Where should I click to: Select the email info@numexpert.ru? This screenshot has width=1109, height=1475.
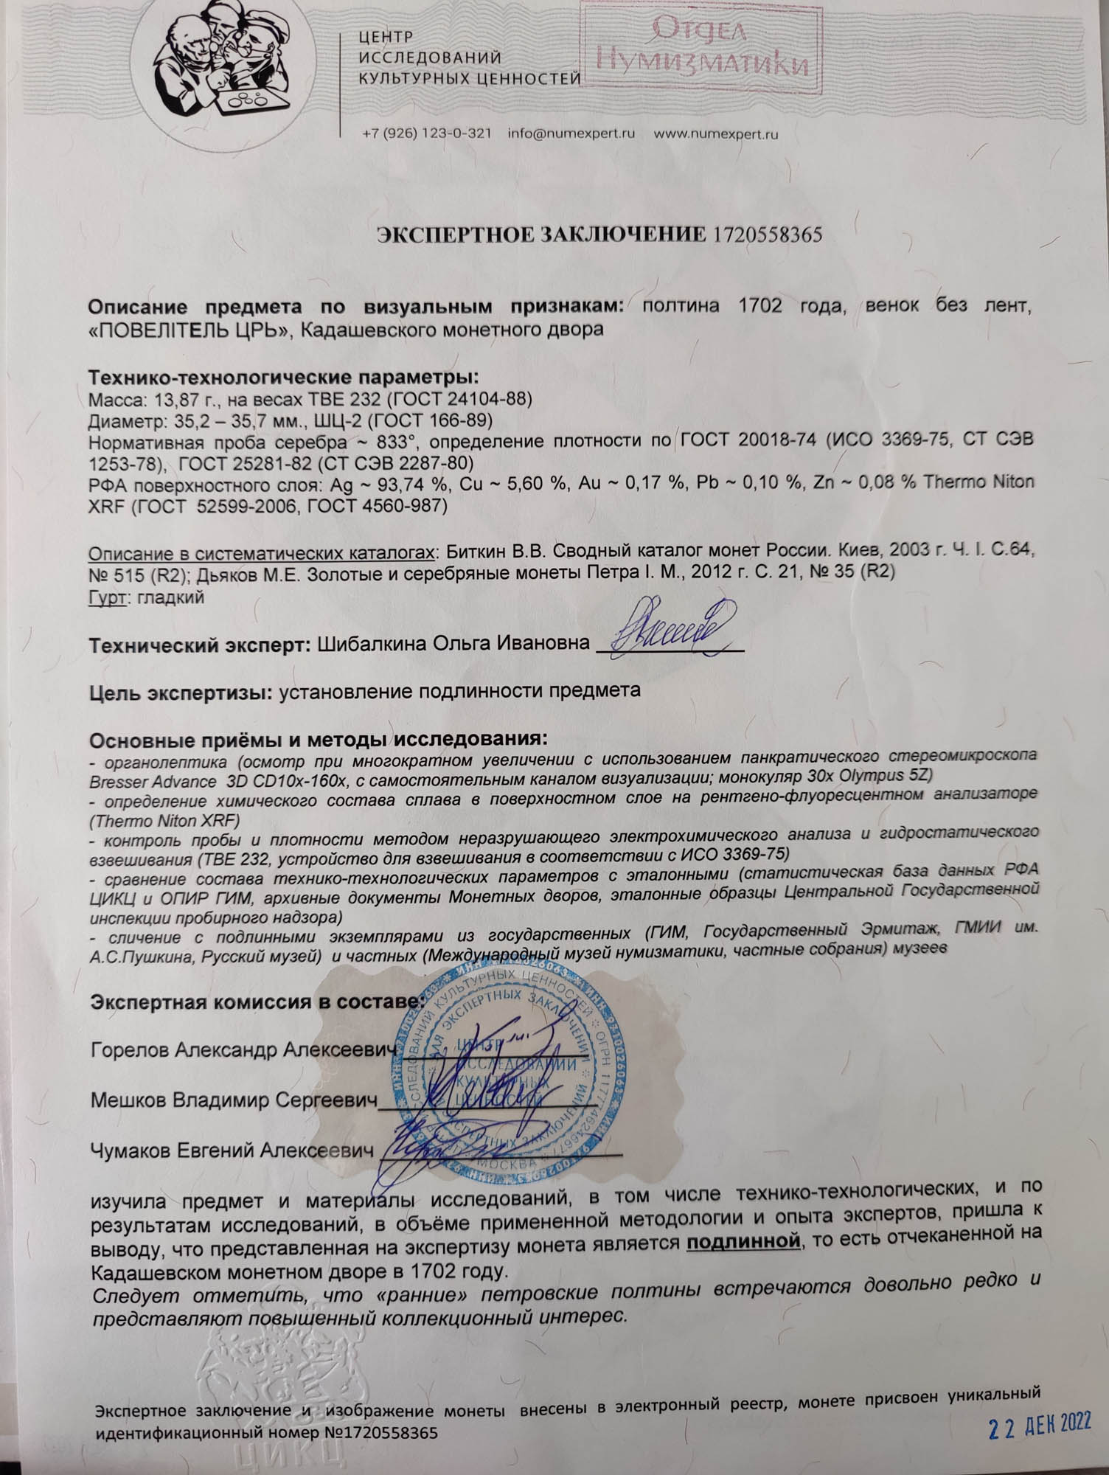pyautogui.click(x=571, y=134)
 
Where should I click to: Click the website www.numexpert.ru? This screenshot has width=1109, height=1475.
pyautogui.click(x=716, y=134)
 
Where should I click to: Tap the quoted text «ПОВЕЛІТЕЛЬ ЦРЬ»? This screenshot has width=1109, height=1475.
pyautogui.click(x=188, y=329)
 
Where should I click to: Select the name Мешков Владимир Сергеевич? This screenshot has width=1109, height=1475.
pyautogui.click(x=229, y=1100)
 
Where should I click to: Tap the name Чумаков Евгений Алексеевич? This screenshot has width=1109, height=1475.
pyautogui.click(x=229, y=1150)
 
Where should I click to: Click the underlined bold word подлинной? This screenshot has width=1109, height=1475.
pyautogui.click(x=743, y=1241)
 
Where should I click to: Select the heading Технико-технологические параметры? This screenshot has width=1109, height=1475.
pyautogui.click(x=284, y=378)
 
